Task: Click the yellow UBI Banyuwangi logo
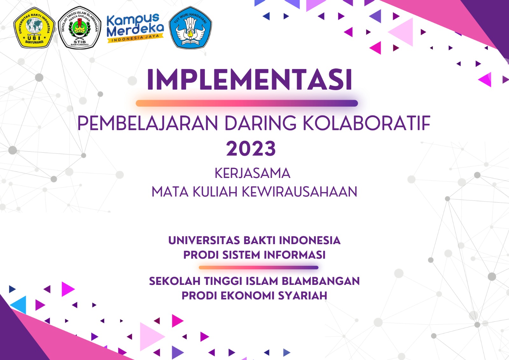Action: [x=34, y=28]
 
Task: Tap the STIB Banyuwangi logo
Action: [x=80, y=28]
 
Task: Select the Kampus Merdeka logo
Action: [x=135, y=28]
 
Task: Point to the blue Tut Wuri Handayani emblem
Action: [x=191, y=28]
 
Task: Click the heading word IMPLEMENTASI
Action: [x=250, y=80]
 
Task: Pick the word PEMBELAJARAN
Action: [x=148, y=123]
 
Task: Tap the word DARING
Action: [x=260, y=123]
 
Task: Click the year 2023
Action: [x=251, y=148]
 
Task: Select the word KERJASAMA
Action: [x=253, y=173]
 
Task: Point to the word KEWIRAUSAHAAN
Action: [x=299, y=192]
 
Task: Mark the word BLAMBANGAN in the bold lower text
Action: [x=321, y=281]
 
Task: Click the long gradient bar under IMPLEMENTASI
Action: [x=247, y=103]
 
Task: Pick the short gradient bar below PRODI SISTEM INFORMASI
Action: [x=259, y=268]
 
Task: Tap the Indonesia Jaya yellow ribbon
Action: [x=136, y=38]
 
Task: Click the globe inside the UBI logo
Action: [x=34, y=26]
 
